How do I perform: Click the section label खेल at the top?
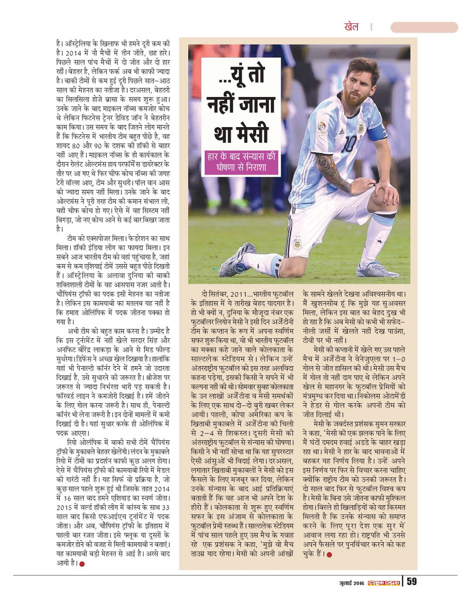351,27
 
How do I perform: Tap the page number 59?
412,581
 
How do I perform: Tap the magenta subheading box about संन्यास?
241,162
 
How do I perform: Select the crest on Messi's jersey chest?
359,128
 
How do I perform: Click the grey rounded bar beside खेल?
424,27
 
